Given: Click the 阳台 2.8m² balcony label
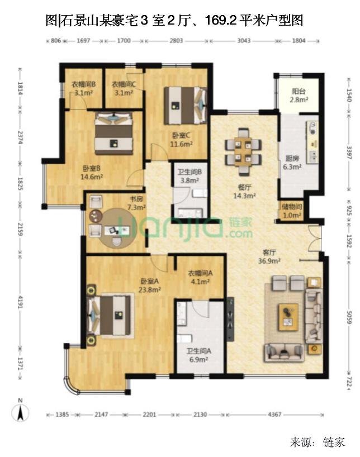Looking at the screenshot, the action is [x=299, y=96].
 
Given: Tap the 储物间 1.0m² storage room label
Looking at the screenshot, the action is [x=292, y=211].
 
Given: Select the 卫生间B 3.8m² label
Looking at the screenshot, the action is [x=190, y=176].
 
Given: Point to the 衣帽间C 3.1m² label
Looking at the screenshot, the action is [x=124, y=89].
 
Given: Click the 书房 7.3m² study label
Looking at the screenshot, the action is [x=136, y=203].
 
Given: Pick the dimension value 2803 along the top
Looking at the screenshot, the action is [x=176, y=41].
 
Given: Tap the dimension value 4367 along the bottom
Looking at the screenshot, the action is [x=274, y=414].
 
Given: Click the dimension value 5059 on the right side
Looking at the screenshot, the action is [x=349, y=317].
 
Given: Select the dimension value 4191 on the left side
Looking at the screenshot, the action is [x=20, y=302].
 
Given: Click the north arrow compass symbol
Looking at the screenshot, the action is [x=20, y=411].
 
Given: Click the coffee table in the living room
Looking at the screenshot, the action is [x=288, y=317].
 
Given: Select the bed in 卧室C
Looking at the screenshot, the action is [x=186, y=106].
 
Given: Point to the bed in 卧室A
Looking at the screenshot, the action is [x=108, y=315].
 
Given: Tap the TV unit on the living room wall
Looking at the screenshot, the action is [x=230, y=319].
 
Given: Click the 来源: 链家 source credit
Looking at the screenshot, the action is [x=318, y=442].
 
